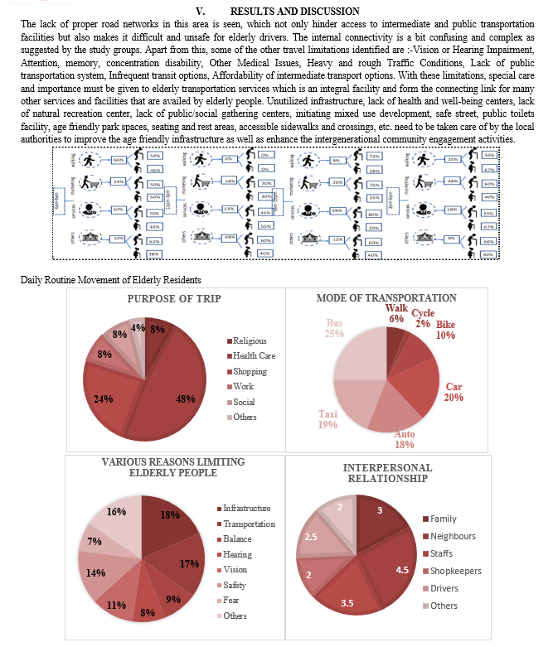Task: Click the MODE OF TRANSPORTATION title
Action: coord(386,297)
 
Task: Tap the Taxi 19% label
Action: coord(328,419)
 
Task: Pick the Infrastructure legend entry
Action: coord(246,507)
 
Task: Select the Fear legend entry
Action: coord(231,601)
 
